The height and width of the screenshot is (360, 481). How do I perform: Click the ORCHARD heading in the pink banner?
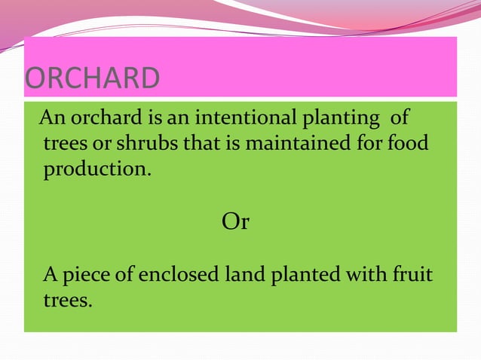point(93,79)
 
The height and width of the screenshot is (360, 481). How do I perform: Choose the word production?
point(97,169)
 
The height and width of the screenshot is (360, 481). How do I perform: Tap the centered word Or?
point(235,222)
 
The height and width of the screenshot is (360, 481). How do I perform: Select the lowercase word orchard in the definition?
point(101,119)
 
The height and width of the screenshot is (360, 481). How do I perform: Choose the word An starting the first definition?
point(51,119)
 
